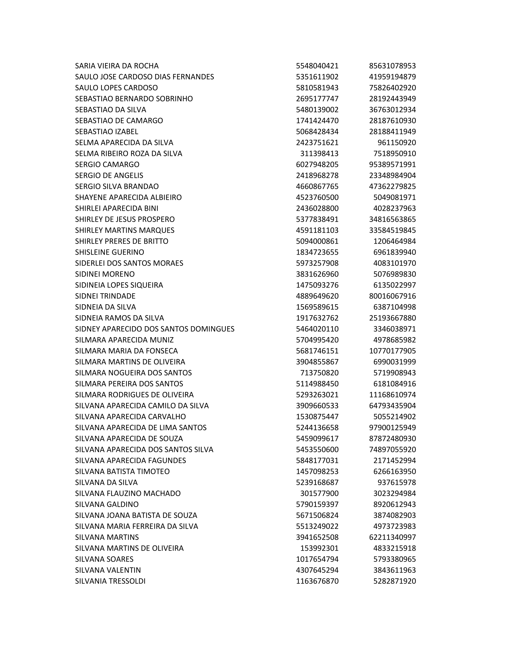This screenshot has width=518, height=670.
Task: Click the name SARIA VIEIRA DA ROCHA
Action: pos(117,66)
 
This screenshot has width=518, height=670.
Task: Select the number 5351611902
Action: pos(317,77)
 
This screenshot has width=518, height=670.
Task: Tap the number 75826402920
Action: pos(392,88)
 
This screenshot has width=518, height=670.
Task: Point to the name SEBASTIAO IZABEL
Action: pos(106,132)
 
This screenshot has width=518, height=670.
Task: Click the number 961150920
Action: pos(396,143)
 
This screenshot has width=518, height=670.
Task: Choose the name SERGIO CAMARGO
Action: pos(107,164)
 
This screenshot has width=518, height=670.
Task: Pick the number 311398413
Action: pos(319,153)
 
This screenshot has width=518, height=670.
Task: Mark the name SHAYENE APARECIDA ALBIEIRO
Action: pos(128,197)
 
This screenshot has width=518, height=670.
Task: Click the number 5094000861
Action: pos(317,241)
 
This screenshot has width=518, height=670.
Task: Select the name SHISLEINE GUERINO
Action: pos(110,252)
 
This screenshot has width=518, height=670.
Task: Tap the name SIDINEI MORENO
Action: pos(105,274)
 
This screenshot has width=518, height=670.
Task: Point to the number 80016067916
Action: pos(392,296)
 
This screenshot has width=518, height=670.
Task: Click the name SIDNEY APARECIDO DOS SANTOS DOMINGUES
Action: pos(155,329)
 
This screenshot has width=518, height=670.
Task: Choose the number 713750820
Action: pos(319,373)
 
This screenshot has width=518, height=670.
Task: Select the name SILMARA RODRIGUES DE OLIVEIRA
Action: pos(134,394)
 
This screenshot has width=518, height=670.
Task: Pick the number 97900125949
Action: pos(392,428)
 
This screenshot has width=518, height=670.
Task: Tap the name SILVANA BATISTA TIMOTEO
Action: pos(122,471)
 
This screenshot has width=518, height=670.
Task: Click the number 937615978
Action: pos(396,482)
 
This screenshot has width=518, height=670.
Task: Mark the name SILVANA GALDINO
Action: pos(107,504)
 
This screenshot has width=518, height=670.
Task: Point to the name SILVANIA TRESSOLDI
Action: pos(110,581)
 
